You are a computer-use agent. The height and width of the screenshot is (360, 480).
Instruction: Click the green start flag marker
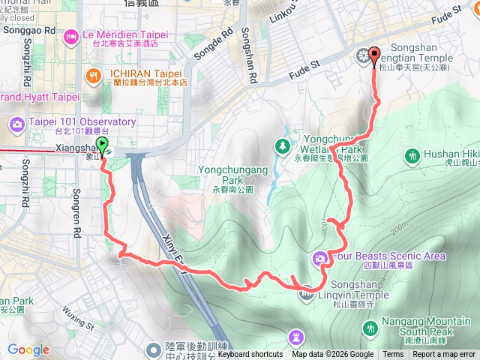coord(103,147)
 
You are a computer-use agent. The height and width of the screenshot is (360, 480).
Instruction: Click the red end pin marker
coord(374,59)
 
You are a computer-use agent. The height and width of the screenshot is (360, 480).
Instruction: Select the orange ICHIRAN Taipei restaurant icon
coord(93,75)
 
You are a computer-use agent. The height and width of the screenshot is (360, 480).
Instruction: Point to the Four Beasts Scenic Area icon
coord(320,259)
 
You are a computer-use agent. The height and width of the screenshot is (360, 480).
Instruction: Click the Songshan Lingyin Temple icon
coord(306,294)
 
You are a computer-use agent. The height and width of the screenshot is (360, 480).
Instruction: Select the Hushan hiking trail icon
coord(412,156)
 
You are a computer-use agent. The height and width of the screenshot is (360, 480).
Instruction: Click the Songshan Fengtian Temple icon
coord(363,55)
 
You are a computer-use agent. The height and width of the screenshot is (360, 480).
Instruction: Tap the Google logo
coord(28,349)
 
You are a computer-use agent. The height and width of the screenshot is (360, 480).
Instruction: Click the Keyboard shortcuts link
coord(250,355)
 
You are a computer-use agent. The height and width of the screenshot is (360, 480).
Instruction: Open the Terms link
coord(393,355)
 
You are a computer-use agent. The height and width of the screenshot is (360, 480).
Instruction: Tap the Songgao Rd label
coord(29,31)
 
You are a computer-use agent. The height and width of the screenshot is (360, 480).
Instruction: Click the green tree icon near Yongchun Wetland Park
coord(283,145)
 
